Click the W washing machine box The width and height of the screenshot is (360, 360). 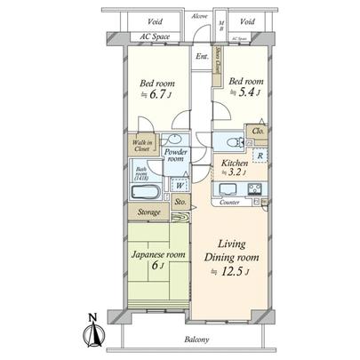coord(178,187)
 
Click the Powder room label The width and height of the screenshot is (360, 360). coord(178,155)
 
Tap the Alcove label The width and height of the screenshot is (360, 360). coord(199,15)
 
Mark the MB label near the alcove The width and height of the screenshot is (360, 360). coord(220,24)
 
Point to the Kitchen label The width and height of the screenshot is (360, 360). coord(234,163)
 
